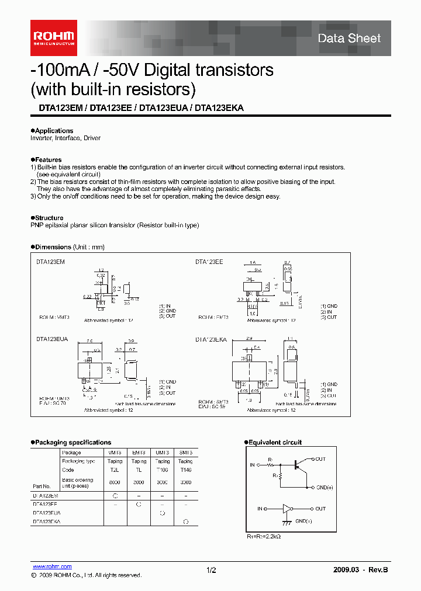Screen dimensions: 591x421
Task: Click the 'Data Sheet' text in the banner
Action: click(x=349, y=39)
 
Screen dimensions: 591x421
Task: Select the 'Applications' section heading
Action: click(x=53, y=131)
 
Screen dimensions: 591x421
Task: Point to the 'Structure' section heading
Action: click(x=49, y=218)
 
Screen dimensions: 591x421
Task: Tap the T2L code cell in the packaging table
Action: click(x=114, y=470)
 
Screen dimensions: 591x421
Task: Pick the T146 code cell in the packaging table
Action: click(x=185, y=470)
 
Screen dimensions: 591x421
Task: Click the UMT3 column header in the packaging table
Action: click(x=162, y=453)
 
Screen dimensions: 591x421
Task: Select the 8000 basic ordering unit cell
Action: click(x=114, y=482)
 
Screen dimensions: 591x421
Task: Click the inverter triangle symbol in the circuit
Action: click(x=287, y=509)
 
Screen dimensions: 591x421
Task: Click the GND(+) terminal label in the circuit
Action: click(x=325, y=487)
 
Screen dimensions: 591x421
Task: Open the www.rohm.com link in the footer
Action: click(x=52, y=566)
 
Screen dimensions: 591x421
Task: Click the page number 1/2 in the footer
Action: click(x=211, y=569)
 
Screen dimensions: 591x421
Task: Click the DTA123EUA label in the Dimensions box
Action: click(x=53, y=339)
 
